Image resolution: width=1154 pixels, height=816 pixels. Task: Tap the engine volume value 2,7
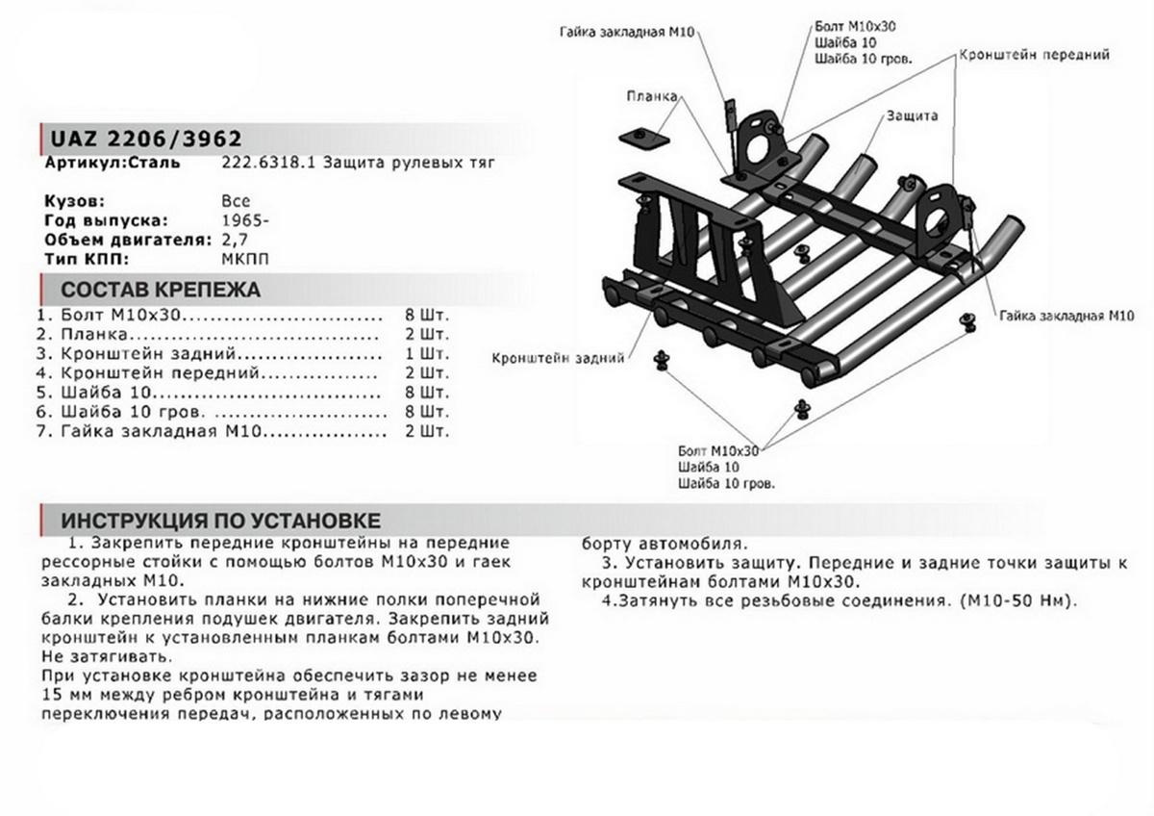pos(234,240)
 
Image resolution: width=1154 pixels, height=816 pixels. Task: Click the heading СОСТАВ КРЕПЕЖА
pos(161,290)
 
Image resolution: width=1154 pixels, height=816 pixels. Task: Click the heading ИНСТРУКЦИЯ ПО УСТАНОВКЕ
pos(221,521)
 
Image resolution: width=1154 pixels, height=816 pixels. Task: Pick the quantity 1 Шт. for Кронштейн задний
pos(428,353)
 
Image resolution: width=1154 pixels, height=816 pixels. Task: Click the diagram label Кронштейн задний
pos(558,358)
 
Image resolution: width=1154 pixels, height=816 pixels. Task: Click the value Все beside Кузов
pos(236,202)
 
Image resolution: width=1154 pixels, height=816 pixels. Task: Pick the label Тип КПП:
pos(85,259)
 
